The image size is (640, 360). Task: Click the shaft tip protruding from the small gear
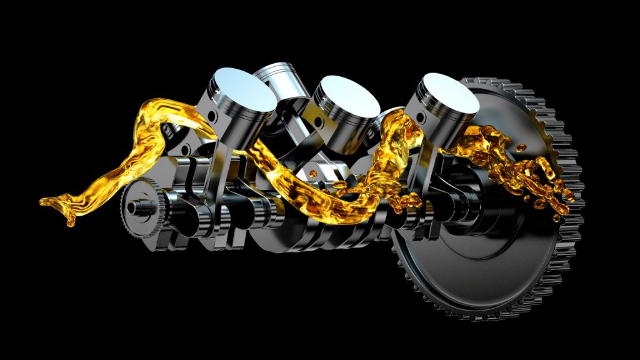click(x=131, y=206)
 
